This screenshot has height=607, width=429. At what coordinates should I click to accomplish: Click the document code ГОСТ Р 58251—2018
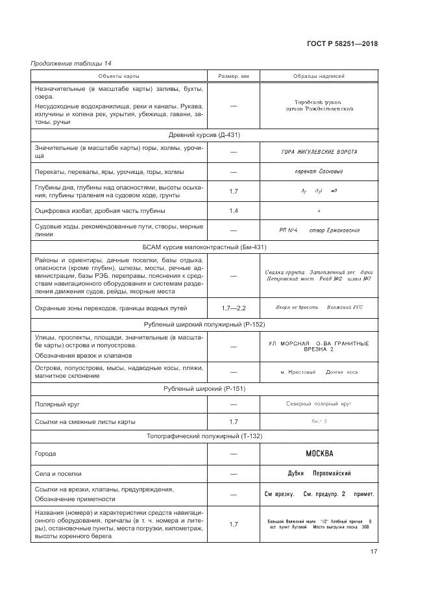coord(341,44)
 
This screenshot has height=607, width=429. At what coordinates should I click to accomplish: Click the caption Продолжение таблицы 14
coord(71,64)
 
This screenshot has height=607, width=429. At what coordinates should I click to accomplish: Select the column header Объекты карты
coord(119,77)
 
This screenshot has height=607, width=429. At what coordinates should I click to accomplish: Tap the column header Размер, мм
coord(233,77)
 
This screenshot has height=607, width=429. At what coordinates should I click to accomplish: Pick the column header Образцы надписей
coord(319,77)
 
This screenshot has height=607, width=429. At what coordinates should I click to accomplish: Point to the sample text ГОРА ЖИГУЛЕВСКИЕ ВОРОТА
coord(319,153)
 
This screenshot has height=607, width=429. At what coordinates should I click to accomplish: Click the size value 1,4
coord(234,211)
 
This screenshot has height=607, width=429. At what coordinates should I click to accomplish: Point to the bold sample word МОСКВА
coord(319,454)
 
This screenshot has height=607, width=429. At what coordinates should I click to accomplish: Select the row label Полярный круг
coord(56,404)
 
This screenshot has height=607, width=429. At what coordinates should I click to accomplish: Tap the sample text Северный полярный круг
coord(319,404)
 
